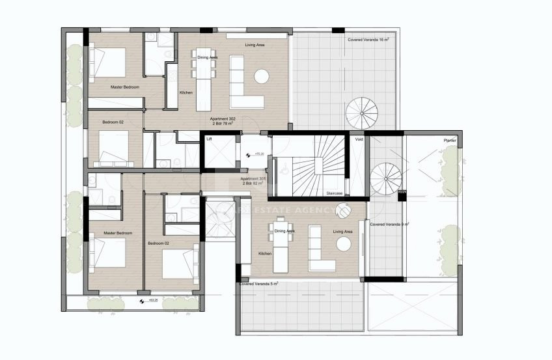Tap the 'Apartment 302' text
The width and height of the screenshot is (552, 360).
click(223, 118)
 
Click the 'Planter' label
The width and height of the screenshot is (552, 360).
click(450, 140)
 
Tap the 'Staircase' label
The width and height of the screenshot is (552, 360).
click(334, 194)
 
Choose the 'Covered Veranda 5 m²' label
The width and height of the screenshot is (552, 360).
click(258, 284)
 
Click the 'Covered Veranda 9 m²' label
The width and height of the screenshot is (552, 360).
click(389, 224)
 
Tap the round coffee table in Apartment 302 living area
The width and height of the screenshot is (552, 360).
click(262, 76)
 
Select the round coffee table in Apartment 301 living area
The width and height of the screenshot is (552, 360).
click(344, 243)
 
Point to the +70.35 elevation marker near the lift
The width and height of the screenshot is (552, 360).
click(258, 154)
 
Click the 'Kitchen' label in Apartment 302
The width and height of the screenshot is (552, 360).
click(186, 92)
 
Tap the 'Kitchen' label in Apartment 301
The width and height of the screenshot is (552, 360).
click(265, 253)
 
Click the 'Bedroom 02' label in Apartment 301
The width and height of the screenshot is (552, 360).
click(158, 243)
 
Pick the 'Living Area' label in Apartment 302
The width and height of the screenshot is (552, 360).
click(255, 45)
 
